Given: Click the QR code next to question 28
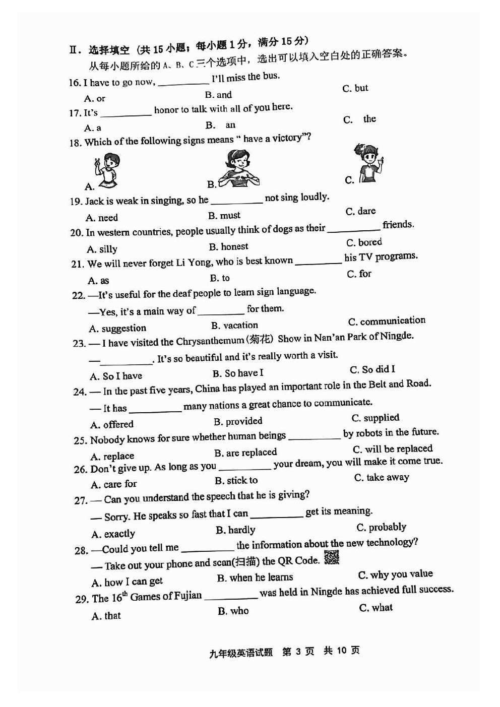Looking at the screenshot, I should pyautogui.click(x=331, y=557).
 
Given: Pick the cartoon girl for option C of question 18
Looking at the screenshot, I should pyautogui.click(x=370, y=163).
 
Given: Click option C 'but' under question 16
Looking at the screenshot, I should pyautogui.click(x=355, y=88).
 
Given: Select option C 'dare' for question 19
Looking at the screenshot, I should pyautogui.click(x=361, y=211).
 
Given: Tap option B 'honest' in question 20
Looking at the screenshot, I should pyautogui.click(x=229, y=246).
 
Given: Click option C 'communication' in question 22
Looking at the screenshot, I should pyautogui.click(x=387, y=321).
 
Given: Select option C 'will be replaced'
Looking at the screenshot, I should pyautogui.click(x=393, y=449).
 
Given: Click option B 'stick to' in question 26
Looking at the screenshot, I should pyautogui.click(x=236, y=481).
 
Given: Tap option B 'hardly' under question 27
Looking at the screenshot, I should pyautogui.click(x=235, y=530).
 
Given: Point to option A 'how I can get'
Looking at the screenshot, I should pyautogui.click(x=127, y=582).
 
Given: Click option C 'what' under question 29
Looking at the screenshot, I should pyautogui.click(x=376, y=608).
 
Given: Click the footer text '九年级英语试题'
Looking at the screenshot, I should pyautogui.click(x=241, y=652).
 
